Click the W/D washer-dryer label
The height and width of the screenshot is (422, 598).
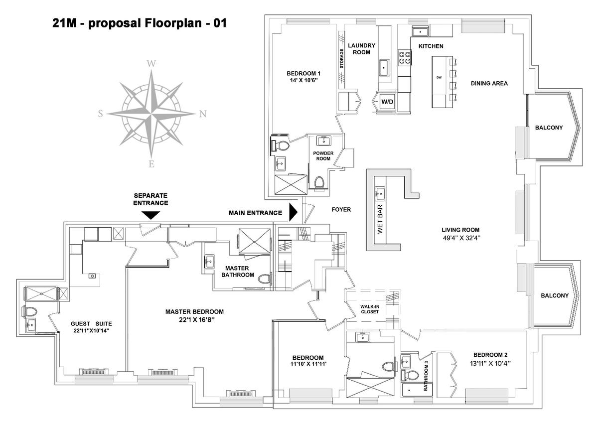[387, 102]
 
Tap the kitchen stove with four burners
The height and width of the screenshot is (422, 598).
[404, 58]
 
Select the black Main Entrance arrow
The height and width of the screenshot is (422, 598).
[294, 212]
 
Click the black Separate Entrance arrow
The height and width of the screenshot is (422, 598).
[150, 215]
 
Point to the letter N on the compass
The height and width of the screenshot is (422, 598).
[203, 114]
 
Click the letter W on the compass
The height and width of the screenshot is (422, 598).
[151, 64]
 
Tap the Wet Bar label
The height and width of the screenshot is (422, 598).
[380, 219]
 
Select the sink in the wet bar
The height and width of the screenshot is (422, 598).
[380, 193]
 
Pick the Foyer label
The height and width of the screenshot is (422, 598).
[341, 210]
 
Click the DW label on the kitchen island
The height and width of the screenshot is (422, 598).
[439, 78]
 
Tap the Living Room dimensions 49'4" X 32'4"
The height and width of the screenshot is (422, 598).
[461, 238]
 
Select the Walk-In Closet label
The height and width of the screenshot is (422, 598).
[370, 309]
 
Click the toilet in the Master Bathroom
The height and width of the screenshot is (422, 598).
[265, 279]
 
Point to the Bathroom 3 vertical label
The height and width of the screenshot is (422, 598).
[426, 376]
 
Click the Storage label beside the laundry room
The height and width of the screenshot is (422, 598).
[341, 58]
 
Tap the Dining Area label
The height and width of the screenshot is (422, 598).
[489, 84]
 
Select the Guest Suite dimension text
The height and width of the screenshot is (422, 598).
[91, 331]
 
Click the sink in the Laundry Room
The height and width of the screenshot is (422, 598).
[384, 68]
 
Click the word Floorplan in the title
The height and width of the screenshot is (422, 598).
[173, 23]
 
